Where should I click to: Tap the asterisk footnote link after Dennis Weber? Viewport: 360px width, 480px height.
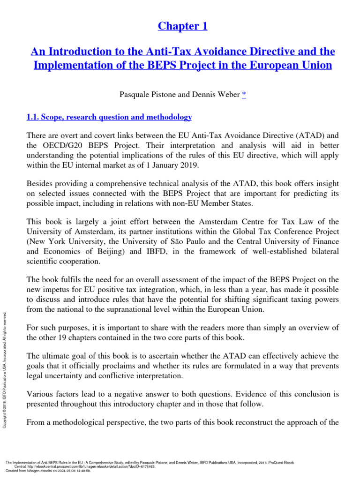tap(243, 95)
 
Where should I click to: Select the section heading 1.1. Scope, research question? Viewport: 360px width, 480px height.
tap(109, 117)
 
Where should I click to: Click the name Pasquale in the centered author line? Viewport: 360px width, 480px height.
tap(135, 95)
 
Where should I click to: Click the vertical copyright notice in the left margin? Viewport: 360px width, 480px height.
tap(5, 364)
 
